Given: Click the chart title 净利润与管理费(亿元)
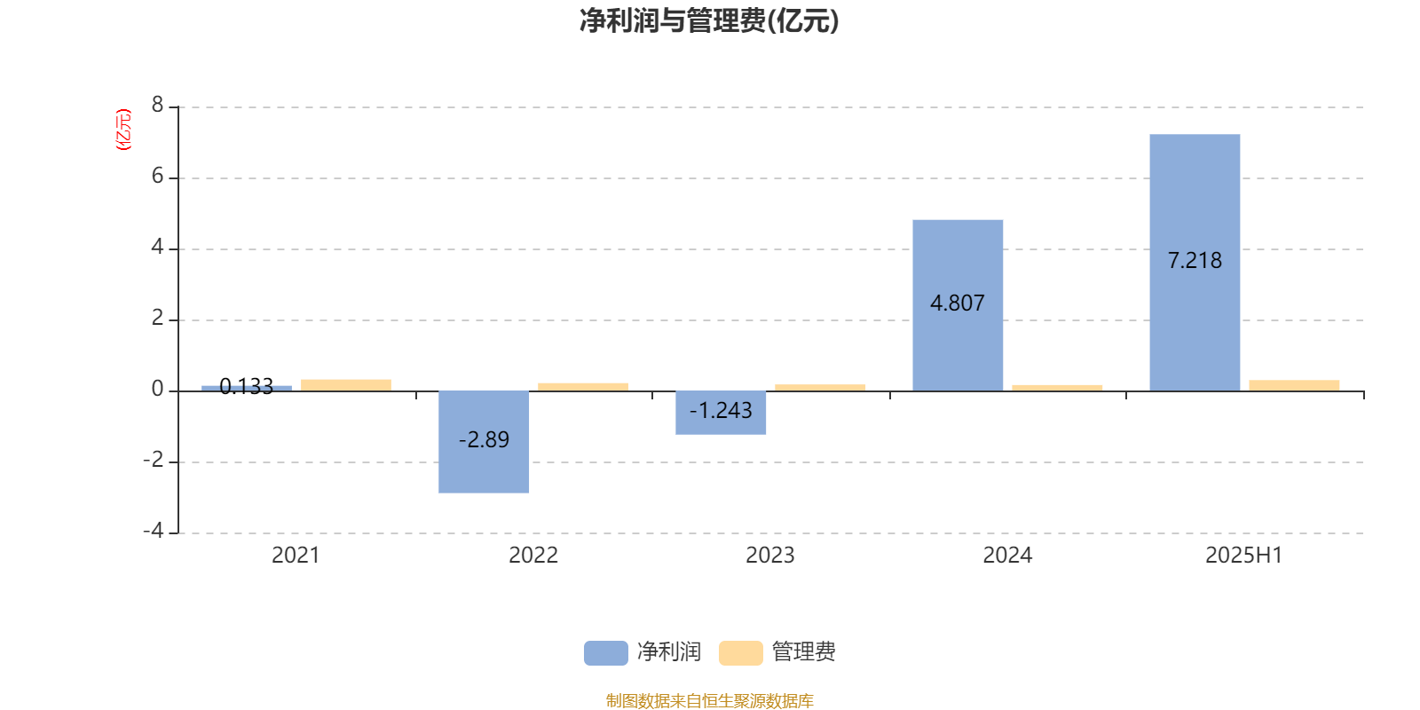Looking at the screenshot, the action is coord(709,21).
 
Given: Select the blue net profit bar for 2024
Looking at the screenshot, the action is coord(958,305).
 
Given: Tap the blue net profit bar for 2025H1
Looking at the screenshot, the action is coord(1195,263).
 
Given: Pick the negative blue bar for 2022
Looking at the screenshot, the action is coord(484,442).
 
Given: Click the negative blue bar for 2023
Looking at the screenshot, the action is coord(721,413).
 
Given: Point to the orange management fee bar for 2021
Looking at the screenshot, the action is coord(346,385).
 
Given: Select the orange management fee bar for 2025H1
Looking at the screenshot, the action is coord(1294,385).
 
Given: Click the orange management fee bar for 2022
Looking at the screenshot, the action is coord(582,387).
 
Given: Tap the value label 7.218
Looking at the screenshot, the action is coord(1195,261).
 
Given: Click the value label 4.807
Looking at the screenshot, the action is coord(958,303).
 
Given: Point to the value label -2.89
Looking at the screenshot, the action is coord(484,439).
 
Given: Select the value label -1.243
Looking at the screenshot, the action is coord(721,410).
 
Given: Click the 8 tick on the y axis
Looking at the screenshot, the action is coord(157,105).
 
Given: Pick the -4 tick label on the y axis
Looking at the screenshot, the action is coord(153,531).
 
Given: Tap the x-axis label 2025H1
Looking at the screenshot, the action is coord(1243,556).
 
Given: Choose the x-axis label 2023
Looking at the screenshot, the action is coord(770,556).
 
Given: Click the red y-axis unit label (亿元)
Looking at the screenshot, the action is coord(123,130).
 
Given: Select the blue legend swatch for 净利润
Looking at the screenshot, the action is coord(606,653).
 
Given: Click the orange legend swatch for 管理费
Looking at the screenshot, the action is coord(740,653).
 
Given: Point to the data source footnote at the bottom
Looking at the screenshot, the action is coord(709,700).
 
